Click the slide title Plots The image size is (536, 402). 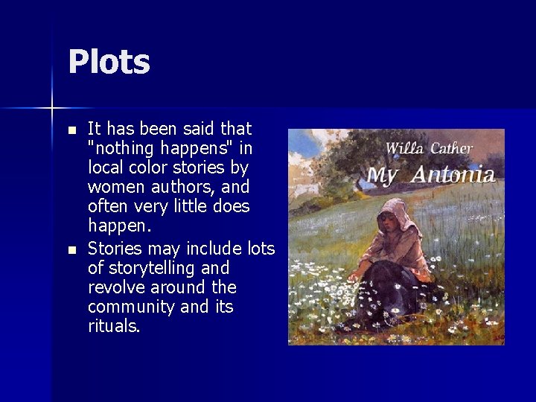[x=109, y=63]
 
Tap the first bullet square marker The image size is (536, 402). [x=71, y=130]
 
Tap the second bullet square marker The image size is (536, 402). [x=71, y=249]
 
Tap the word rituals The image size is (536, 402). [x=113, y=326]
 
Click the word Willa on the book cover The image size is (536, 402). [x=404, y=148]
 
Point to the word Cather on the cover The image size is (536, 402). [x=449, y=148]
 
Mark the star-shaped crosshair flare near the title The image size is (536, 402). [x=53, y=109]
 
